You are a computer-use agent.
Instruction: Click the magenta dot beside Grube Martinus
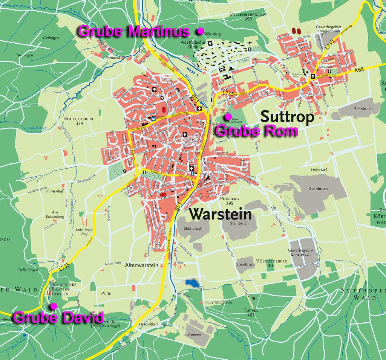click(201, 31)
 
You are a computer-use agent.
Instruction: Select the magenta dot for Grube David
click(54, 305)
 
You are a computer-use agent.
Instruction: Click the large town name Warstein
click(220, 214)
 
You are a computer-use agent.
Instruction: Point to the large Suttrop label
click(287, 117)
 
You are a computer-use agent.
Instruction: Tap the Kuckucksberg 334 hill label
click(79, 121)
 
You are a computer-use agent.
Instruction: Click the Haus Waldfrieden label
click(219, 302)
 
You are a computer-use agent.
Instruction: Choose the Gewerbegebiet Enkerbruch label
click(300, 253)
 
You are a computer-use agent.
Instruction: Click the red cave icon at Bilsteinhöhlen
click(48, 293)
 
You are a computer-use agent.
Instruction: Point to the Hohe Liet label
click(319, 169)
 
